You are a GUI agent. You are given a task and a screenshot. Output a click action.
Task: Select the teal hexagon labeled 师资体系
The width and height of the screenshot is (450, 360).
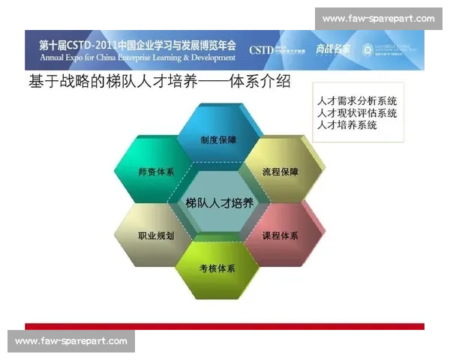click(156, 172)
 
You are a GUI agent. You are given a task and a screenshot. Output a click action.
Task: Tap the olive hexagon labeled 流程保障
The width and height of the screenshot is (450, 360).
click(280, 172)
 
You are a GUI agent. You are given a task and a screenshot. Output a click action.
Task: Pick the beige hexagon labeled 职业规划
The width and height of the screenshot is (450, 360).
click(156, 235)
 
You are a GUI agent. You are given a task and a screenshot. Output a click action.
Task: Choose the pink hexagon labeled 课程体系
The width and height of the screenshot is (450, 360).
click(280, 235)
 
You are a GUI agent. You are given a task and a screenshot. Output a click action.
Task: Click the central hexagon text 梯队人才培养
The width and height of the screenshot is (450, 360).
click(219, 202)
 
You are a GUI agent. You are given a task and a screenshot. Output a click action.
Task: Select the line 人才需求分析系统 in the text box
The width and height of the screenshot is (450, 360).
click(357, 100)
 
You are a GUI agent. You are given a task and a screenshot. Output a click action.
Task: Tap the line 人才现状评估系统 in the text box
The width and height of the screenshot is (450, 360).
click(357, 112)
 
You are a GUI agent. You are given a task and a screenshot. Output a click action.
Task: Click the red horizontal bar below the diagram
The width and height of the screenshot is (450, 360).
click(224, 326)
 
